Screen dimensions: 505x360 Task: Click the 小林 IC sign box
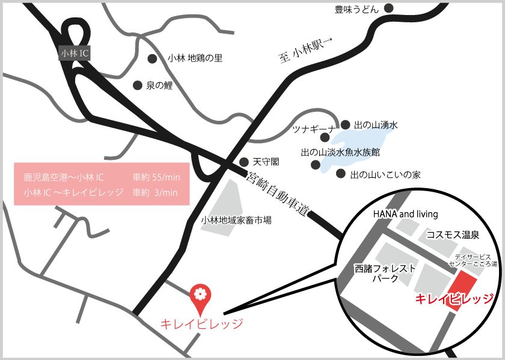pyautogui.click(x=75, y=53)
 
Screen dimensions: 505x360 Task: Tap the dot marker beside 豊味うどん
pyautogui.click(x=389, y=8)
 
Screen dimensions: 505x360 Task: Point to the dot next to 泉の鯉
pyautogui.click(x=137, y=85)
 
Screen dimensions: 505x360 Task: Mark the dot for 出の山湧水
pyautogui.click(x=345, y=125)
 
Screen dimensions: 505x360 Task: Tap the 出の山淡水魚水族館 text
pyautogui.click(x=340, y=153)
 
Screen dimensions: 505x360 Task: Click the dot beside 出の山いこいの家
pyautogui.click(x=340, y=174)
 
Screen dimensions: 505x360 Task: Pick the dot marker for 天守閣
pyautogui.click(x=243, y=162)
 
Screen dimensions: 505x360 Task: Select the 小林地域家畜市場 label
pyautogui.click(x=236, y=220)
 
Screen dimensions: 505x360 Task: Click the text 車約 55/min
pyautogui.click(x=157, y=177)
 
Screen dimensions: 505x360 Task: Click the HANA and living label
pyautogui.click(x=406, y=214)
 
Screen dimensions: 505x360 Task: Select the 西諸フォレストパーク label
pyautogui.click(x=385, y=273)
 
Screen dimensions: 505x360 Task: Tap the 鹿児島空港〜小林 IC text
pyautogui.click(x=64, y=177)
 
